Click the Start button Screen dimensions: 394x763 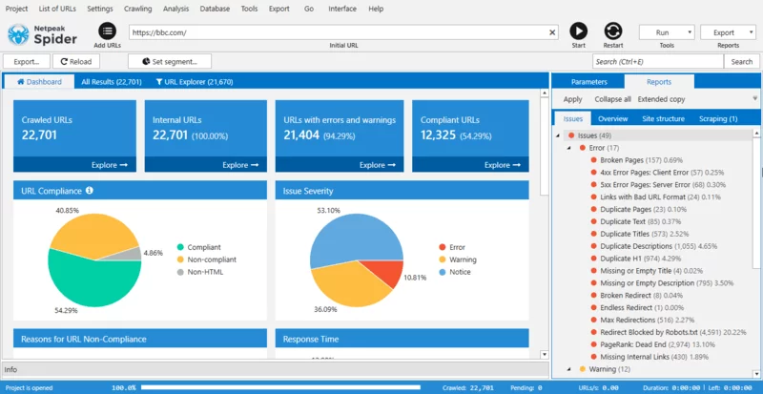point(578,31)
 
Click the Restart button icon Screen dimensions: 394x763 point(612,31)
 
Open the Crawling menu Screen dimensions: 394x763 point(137,9)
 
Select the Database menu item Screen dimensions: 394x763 point(214,9)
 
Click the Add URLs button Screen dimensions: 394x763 point(107,32)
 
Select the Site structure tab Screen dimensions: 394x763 point(663,119)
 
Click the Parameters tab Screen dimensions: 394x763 point(589,82)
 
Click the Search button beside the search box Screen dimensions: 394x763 point(742,62)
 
